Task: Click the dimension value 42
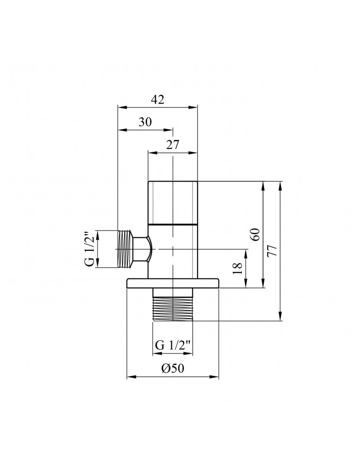tap(158, 99)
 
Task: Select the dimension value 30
tap(145, 122)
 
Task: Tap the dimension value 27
tap(173, 144)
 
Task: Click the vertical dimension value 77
tap(273, 251)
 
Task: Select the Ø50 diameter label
tap(173, 368)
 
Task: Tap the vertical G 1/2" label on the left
tap(89, 248)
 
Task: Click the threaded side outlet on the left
tap(125, 248)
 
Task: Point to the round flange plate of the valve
tap(173, 283)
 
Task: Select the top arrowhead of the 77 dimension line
tap(281, 185)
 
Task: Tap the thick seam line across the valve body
tap(173, 225)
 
